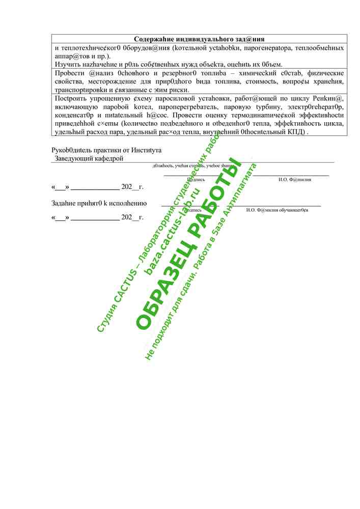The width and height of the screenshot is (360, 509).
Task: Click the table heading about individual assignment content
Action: click(x=199, y=39)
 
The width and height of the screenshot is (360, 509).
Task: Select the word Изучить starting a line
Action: click(x=67, y=64)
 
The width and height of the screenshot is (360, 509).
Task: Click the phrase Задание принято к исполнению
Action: click(x=99, y=203)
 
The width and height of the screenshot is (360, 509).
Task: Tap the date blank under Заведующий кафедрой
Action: click(x=97, y=187)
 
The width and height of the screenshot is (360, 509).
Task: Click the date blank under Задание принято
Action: click(x=97, y=217)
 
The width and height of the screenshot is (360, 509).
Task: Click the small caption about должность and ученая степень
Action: click(x=192, y=165)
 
